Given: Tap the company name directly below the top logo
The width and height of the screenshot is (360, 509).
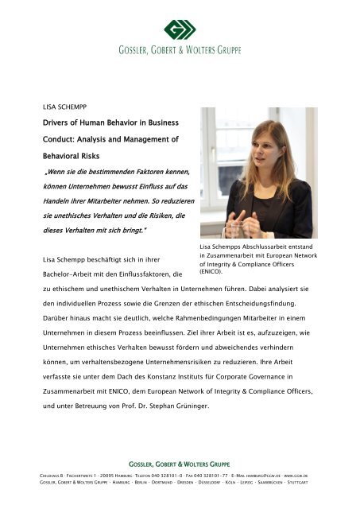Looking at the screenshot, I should click(180, 54).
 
